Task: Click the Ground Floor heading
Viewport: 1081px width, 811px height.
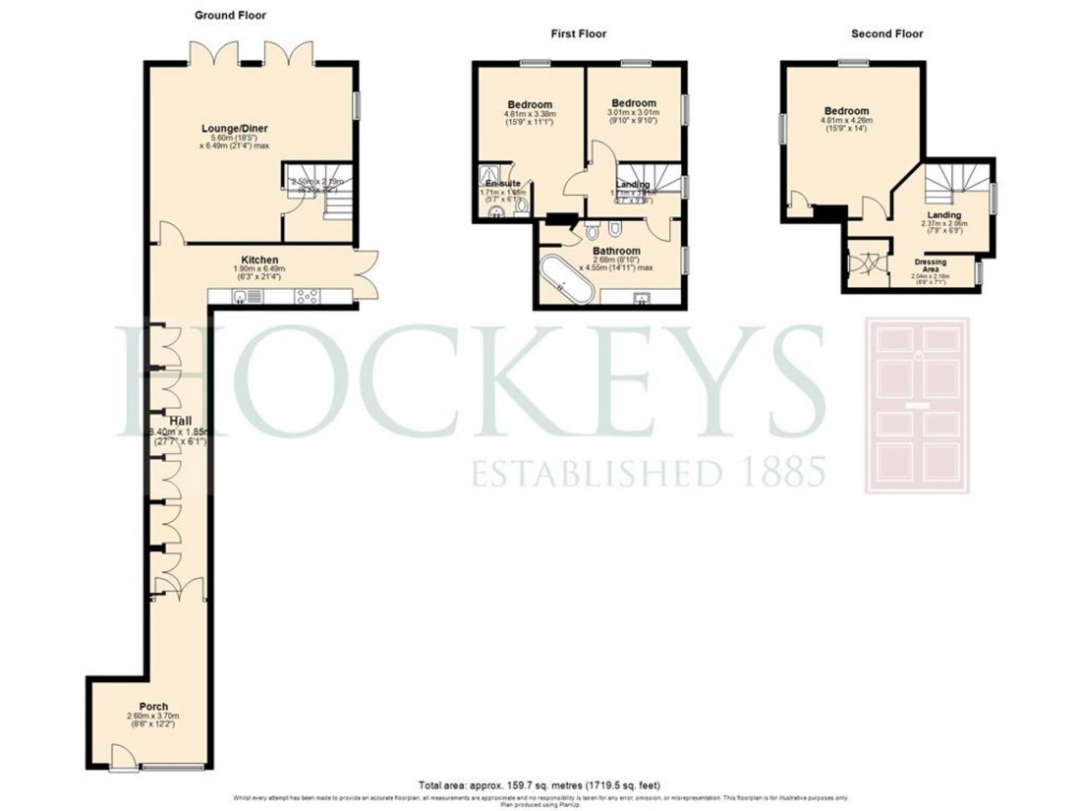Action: [230, 16]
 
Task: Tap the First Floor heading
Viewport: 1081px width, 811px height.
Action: [578, 33]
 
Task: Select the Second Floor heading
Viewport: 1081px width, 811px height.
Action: [887, 33]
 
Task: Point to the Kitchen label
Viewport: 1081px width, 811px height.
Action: [248, 261]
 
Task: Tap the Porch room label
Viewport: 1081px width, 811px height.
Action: [153, 707]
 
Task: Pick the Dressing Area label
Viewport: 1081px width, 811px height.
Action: [931, 263]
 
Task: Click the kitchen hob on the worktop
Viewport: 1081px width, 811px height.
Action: [305, 295]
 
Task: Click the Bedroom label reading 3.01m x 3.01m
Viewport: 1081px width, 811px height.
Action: [633, 103]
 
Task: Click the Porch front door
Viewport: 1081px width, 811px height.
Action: [124, 755]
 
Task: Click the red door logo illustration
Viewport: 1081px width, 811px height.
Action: [916, 405]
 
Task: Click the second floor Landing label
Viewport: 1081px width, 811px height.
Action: [942, 214]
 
